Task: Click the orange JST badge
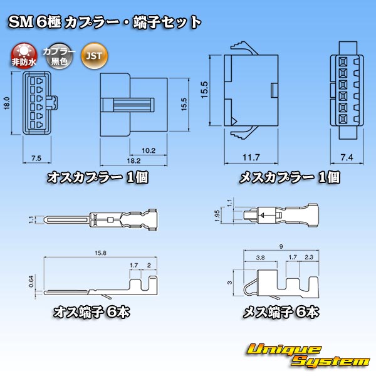(95, 56)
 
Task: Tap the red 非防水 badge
(24, 56)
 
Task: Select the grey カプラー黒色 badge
(60, 56)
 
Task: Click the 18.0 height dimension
(7, 103)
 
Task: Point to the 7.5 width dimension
(36, 159)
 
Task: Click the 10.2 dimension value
(149, 150)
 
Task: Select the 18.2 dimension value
(133, 160)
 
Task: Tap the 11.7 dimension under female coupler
(251, 157)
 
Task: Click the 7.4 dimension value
(347, 157)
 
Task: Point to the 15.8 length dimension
(100, 253)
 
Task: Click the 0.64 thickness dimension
(31, 281)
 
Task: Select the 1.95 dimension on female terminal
(217, 216)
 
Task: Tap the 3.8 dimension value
(260, 258)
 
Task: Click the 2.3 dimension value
(309, 258)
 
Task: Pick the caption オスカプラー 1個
(98, 178)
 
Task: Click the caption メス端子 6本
(281, 312)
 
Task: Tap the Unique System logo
(308, 355)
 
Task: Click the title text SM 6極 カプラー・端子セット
(105, 23)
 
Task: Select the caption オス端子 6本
(91, 312)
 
